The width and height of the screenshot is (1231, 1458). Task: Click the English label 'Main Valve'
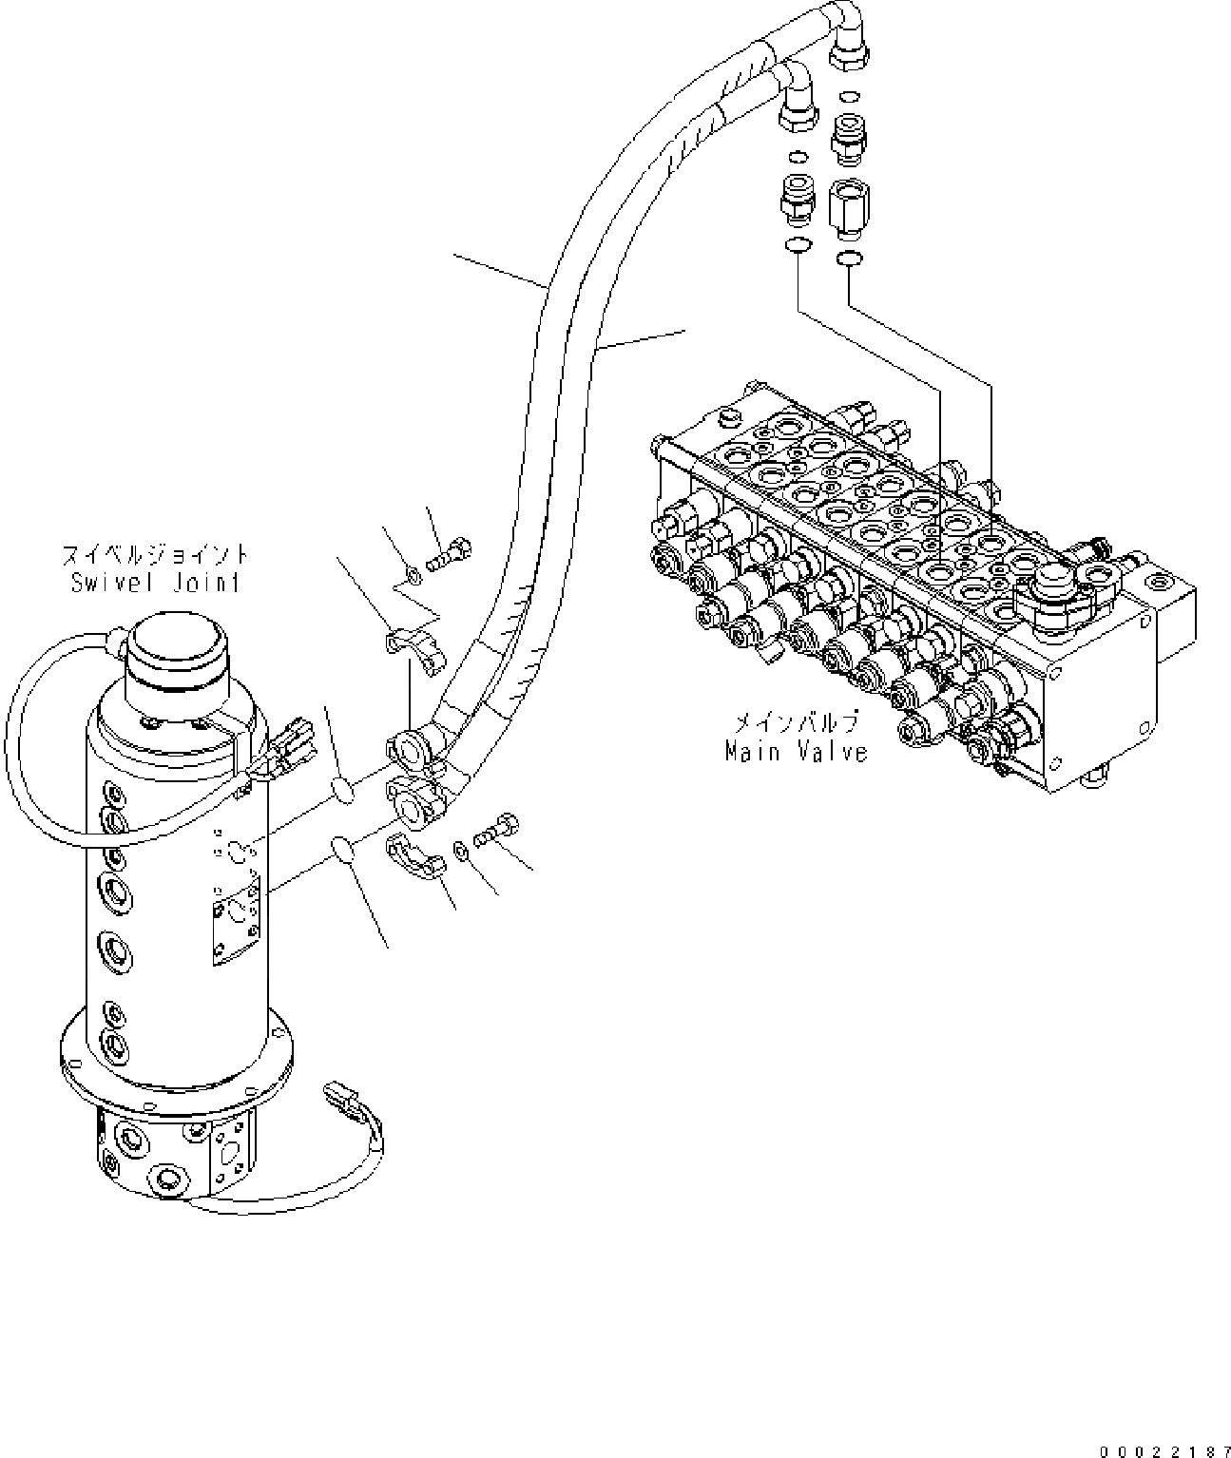pos(797,752)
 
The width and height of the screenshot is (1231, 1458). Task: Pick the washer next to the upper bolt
pos(412,573)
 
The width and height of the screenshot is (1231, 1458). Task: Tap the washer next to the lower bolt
pos(461,849)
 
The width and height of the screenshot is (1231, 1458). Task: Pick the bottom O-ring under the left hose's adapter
pos(797,247)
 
